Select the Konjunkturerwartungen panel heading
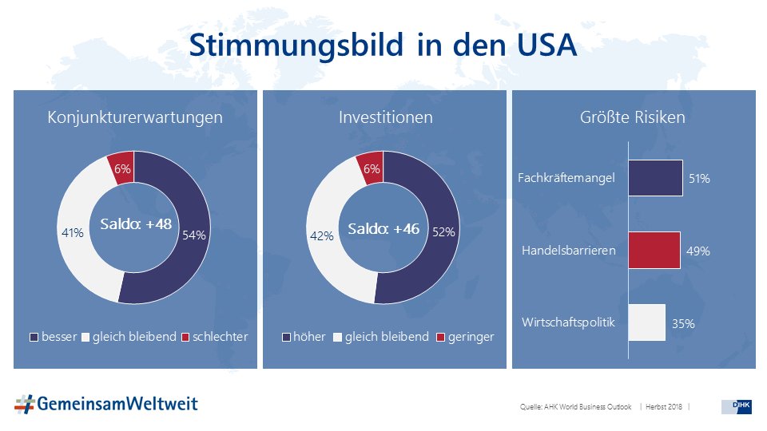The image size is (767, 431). [135, 117]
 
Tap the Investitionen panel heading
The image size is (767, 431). [385, 117]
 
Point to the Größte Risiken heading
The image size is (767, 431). [632, 117]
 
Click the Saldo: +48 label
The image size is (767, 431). [135, 225]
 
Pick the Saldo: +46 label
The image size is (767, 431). [384, 229]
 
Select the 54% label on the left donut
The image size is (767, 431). [194, 235]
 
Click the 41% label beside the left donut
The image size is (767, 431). [73, 233]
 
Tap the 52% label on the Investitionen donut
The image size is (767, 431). [443, 232]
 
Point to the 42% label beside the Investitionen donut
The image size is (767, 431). [320, 236]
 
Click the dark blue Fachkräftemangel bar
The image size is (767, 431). [655, 177]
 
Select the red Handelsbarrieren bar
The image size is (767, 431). [654, 250]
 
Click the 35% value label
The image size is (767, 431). [682, 324]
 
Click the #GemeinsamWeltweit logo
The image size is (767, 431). [105, 404]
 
